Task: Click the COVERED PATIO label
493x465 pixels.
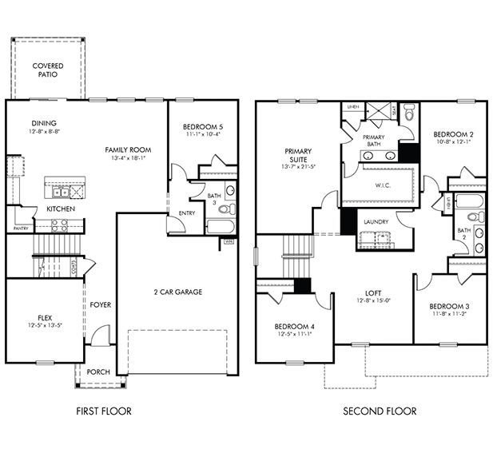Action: tap(48, 70)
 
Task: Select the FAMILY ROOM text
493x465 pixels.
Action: tap(128, 149)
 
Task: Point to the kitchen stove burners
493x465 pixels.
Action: tap(77, 192)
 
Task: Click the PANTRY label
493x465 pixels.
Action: tap(21, 229)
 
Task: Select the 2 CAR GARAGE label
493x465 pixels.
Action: tap(177, 292)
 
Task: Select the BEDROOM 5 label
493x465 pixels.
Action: tap(203, 127)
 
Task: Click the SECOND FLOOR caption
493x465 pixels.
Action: tap(379, 411)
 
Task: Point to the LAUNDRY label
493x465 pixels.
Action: tap(376, 221)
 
